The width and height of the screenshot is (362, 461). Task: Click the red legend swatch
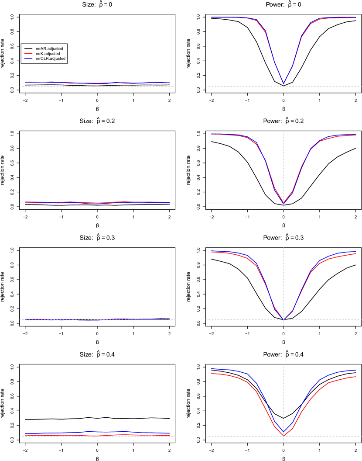[28, 53]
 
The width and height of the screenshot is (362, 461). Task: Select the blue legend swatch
[28, 59]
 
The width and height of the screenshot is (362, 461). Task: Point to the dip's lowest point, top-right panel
[283, 83]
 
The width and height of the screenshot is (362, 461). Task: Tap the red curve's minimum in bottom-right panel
[283, 435]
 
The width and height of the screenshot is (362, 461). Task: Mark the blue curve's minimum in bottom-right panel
[283, 431]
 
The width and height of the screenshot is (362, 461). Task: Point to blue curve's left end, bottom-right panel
[212, 368]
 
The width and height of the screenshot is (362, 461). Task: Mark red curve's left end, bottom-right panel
[212, 373]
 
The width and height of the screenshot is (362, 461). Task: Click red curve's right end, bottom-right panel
[356, 376]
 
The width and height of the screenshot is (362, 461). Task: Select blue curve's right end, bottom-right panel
[356, 370]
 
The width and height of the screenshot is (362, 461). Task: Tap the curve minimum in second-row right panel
[283, 203]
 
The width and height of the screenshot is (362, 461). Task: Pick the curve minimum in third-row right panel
[283, 319]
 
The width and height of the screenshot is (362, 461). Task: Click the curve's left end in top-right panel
[212, 17]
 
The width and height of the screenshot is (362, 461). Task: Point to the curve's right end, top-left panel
[170, 83]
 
